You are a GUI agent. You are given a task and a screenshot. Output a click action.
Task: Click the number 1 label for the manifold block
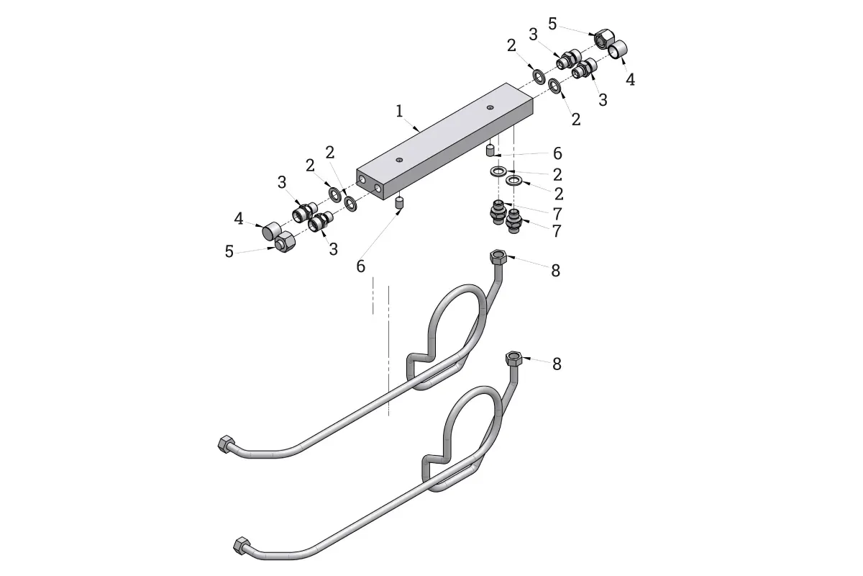click(x=399, y=111)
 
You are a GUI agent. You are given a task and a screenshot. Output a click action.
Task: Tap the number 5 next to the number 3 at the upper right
click(x=552, y=24)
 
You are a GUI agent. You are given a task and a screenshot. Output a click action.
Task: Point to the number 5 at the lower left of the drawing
click(x=229, y=251)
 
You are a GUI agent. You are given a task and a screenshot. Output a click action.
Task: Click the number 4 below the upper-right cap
click(x=630, y=80)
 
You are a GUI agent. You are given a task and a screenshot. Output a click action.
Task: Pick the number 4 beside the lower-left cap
click(x=239, y=219)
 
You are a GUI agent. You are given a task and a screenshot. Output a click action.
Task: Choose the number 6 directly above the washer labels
click(x=557, y=153)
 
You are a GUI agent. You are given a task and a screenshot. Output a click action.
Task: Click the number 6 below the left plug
click(x=360, y=266)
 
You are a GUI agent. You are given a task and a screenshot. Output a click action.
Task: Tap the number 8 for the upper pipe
click(x=555, y=271)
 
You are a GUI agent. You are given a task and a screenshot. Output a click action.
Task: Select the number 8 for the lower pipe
click(x=557, y=364)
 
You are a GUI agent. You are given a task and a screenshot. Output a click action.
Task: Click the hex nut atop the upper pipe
click(x=498, y=256)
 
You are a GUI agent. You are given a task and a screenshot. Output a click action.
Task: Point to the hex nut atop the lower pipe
click(x=513, y=359)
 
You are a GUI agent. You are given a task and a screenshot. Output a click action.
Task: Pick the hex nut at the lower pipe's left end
click(x=242, y=545)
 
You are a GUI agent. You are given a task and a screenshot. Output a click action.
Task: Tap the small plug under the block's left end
click(x=399, y=202)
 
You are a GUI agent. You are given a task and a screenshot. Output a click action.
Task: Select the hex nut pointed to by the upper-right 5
click(x=603, y=39)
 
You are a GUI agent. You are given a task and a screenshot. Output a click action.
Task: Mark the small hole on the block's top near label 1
click(x=399, y=160)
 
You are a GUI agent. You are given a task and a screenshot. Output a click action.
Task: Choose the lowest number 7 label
click(x=557, y=231)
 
